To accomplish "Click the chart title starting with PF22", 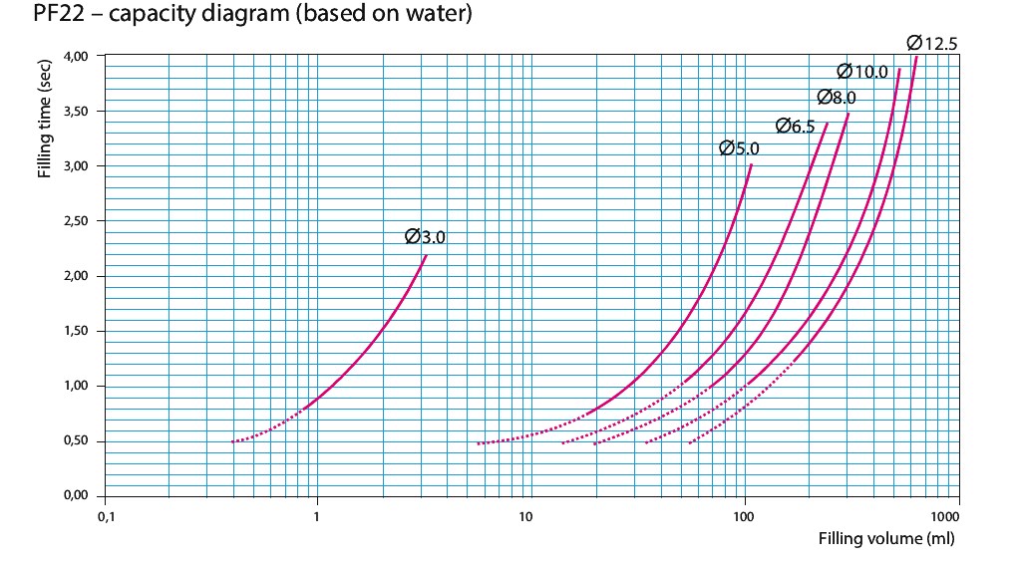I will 239,16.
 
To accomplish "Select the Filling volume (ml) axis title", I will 886,539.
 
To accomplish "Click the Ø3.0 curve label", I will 426,237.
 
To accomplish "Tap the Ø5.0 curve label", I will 740,148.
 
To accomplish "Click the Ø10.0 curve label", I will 862,71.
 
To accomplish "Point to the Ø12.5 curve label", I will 932,43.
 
